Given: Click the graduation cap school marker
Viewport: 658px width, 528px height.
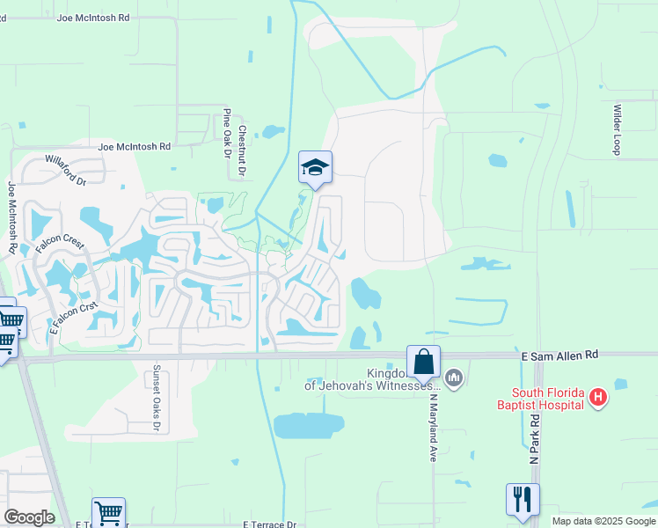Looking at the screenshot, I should click(x=315, y=167).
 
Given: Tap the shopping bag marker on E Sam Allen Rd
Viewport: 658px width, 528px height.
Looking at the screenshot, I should click(x=423, y=362).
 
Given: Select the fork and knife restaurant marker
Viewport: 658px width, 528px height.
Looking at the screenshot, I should click(x=523, y=500).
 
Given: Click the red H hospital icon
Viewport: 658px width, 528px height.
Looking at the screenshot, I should click(x=598, y=398).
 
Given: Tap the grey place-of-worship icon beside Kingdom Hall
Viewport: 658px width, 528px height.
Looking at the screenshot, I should click(x=454, y=378).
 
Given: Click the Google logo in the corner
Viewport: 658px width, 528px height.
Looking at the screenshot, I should click(x=29, y=517).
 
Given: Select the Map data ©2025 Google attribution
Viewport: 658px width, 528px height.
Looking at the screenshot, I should click(x=603, y=521).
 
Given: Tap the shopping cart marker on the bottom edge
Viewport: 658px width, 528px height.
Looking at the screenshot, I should click(x=108, y=513).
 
